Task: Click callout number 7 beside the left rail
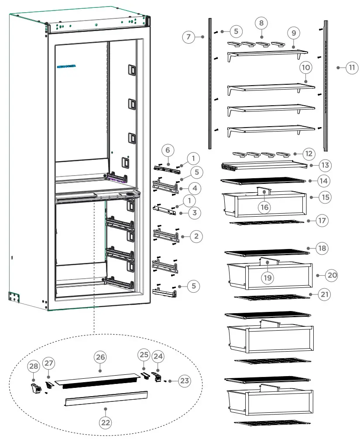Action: pos(188,37)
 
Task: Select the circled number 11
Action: pos(352,68)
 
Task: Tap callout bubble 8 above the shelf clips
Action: pos(261,23)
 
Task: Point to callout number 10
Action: pos(305,68)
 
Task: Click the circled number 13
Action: pos(325,166)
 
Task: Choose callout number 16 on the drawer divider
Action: pos(264,207)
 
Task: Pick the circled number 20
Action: pos(332,275)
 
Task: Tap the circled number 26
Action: pos(101,357)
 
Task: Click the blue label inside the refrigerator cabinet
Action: pos(66,67)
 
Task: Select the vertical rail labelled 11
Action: pos(326,83)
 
